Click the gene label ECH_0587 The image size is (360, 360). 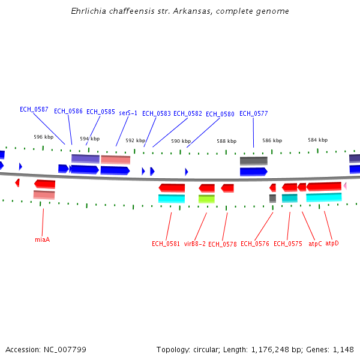click(x=34, y=109)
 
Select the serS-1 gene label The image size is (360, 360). click(x=128, y=113)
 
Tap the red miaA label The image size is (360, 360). click(x=42, y=239)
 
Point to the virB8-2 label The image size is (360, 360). click(x=194, y=244)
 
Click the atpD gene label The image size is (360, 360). click(x=332, y=243)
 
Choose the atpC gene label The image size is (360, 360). click(x=315, y=244)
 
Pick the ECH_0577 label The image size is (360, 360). click(x=253, y=113)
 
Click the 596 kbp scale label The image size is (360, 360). click(x=43, y=137)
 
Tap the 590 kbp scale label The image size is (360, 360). click(x=181, y=141)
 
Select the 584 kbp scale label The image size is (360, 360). click(x=317, y=140)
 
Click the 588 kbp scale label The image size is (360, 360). click(x=226, y=141)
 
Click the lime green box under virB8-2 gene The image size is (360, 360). click(x=206, y=199)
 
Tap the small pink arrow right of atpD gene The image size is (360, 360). click(x=344, y=186)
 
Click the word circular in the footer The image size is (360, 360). click(x=206, y=349)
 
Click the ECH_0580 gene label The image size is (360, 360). click(x=220, y=114)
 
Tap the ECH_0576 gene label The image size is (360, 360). click(x=255, y=244)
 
